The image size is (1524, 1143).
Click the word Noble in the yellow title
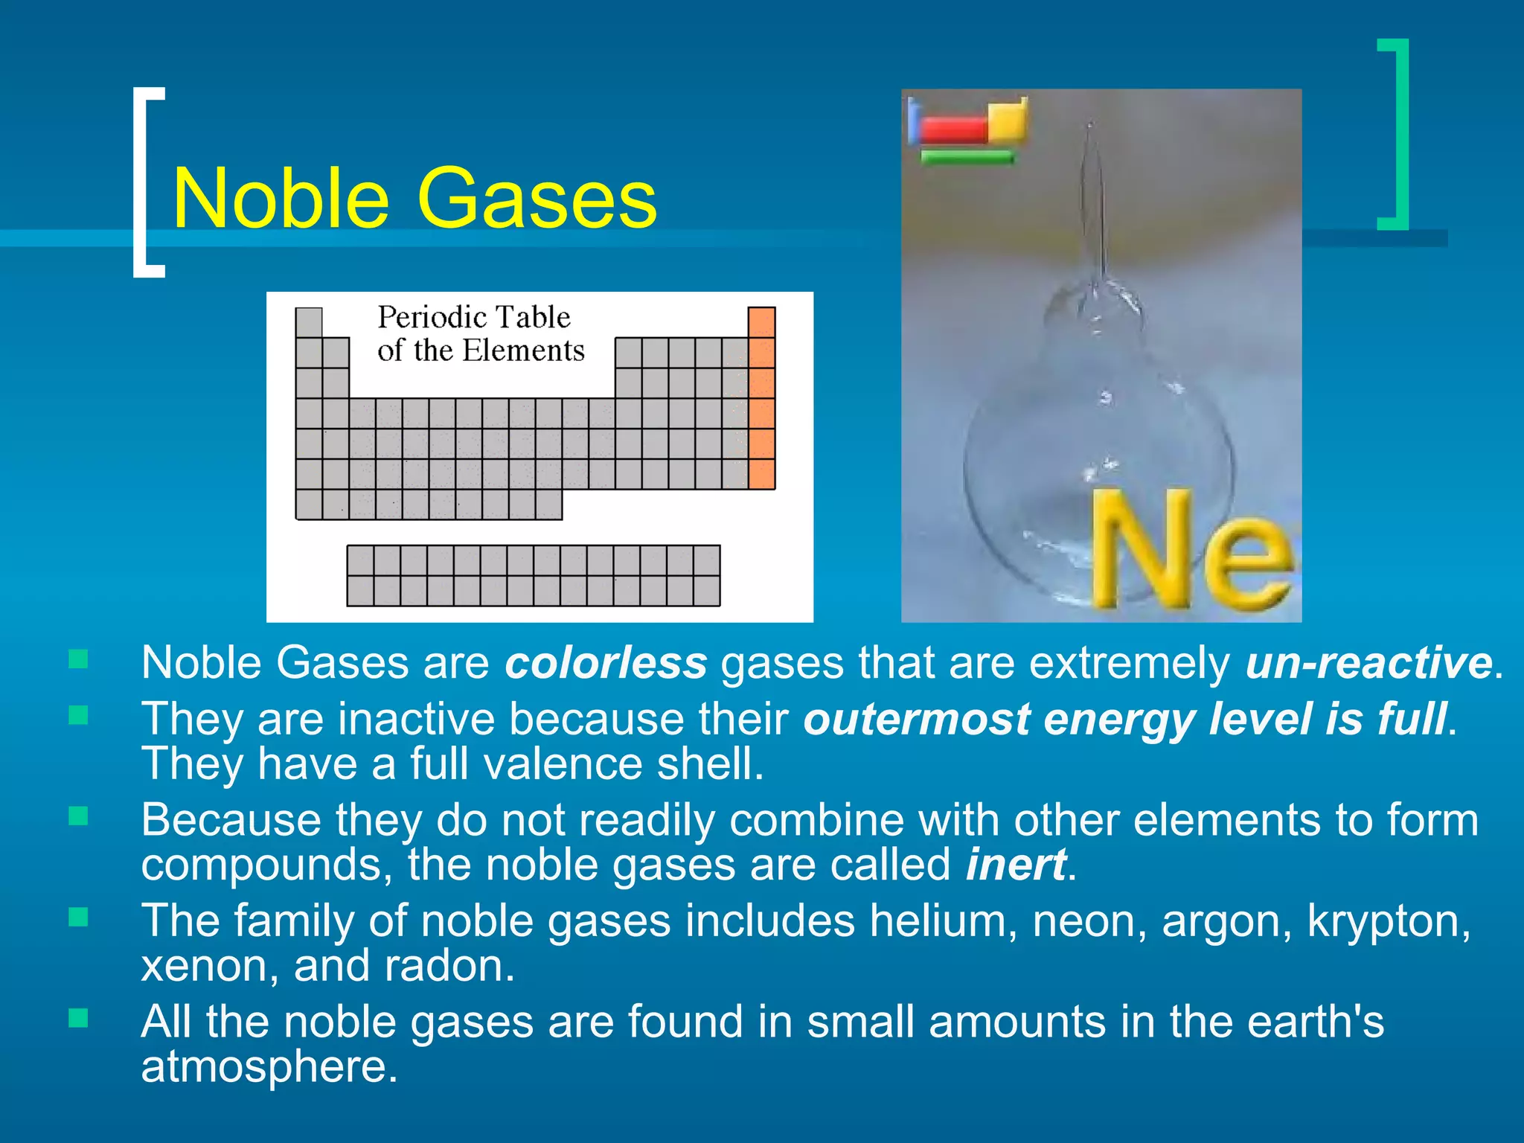point(281,199)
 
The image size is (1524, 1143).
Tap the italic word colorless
point(606,663)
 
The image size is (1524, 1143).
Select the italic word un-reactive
point(1368,663)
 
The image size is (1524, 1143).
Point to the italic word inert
point(1016,865)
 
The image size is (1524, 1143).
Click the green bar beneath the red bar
point(967,157)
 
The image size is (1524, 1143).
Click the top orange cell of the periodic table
point(761,322)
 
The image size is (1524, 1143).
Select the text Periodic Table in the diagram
point(474,318)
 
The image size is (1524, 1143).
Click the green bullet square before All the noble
point(78,1017)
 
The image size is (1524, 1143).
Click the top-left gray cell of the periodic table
point(309,322)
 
